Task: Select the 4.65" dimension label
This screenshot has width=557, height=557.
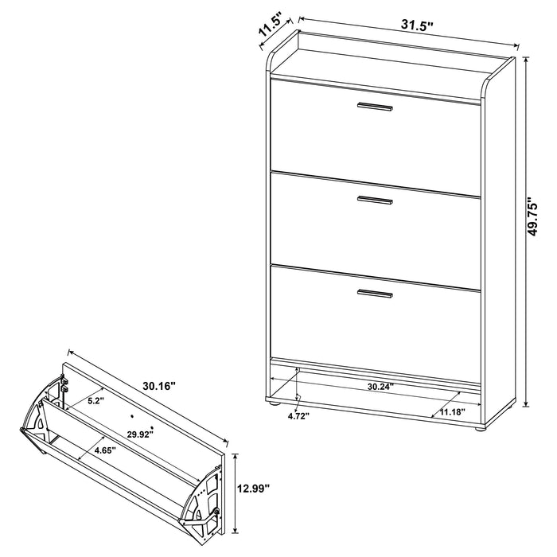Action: pos(103,450)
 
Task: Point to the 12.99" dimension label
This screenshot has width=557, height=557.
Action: pos(257,486)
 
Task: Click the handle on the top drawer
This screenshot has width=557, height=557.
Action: pos(375,107)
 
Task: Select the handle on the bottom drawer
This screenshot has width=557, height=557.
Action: pos(375,294)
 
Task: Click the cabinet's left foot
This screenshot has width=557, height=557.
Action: pos(275,406)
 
